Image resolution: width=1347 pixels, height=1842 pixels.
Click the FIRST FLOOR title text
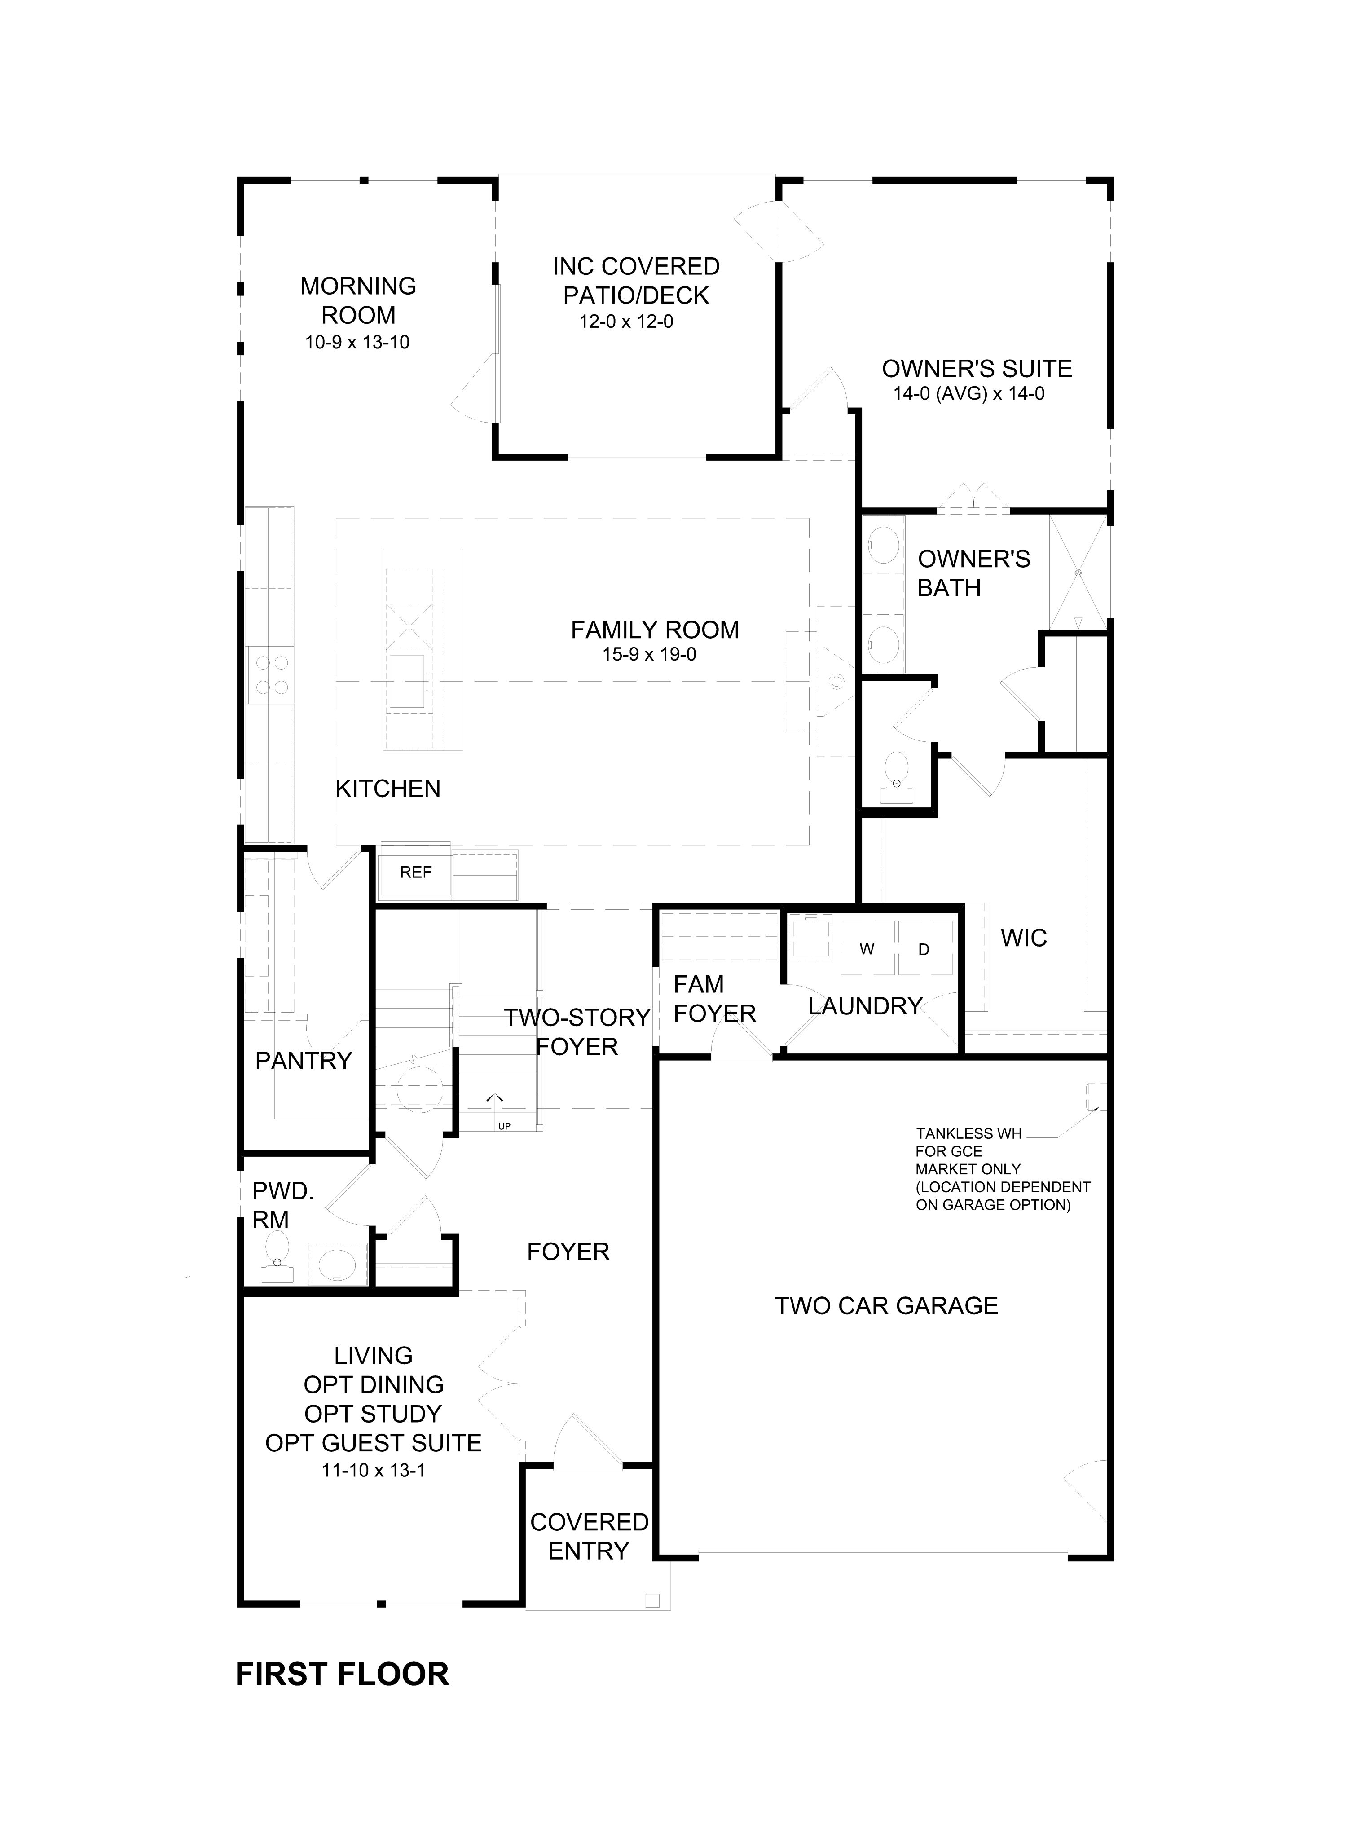(x=343, y=1675)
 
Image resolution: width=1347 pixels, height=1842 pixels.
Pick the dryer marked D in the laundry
(x=924, y=948)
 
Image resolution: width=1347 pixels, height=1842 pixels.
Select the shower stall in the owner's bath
(x=1078, y=573)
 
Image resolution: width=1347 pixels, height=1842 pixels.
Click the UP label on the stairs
(x=504, y=1126)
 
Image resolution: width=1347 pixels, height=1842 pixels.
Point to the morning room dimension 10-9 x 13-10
(x=357, y=343)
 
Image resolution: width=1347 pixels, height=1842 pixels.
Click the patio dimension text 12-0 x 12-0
(x=626, y=321)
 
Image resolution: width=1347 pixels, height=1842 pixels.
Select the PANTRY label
(x=304, y=1061)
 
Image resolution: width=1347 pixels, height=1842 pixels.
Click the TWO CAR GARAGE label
(x=886, y=1305)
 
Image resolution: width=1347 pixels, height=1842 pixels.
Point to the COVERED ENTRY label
(x=589, y=1536)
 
